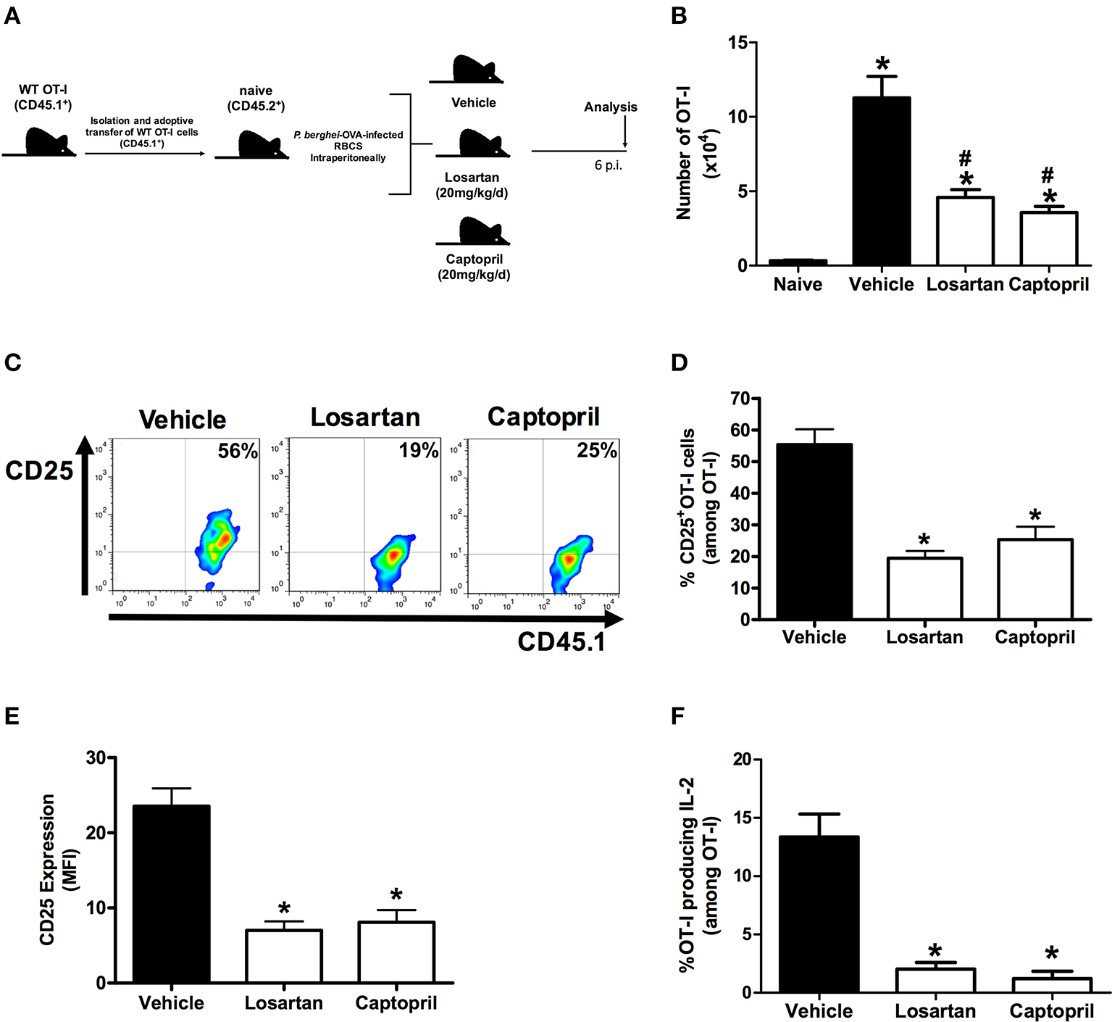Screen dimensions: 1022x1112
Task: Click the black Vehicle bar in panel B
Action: coord(881,181)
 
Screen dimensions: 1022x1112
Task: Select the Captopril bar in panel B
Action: coord(1048,238)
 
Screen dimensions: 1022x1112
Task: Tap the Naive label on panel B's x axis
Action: coord(798,284)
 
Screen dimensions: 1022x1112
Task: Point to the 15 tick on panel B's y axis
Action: coord(737,43)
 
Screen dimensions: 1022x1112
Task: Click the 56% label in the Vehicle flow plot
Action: coord(238,451)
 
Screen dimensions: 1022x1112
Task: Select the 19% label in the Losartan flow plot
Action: coord(418,450)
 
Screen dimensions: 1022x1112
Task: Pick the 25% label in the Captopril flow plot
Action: coord(597,450)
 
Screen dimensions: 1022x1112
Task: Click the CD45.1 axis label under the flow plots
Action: coord(561,641)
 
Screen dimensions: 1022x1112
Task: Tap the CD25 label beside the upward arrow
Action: coord(39,471)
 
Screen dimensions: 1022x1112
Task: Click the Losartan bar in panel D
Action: coord(924,588)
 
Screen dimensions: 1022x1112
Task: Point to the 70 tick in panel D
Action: coord(739,399)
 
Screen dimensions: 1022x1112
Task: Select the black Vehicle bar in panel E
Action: coord(172,894)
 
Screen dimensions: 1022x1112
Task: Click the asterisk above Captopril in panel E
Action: coord(396,896)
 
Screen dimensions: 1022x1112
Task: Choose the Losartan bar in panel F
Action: coord(935,980)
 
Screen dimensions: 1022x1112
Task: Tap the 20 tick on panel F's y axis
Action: coord(742,759)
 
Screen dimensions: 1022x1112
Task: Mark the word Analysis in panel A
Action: coord(611,107)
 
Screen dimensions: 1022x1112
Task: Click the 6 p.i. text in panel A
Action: coord(609,165)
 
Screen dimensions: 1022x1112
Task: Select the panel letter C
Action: coord(12,362)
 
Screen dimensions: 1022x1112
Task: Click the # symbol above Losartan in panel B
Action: coord(964,158)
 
